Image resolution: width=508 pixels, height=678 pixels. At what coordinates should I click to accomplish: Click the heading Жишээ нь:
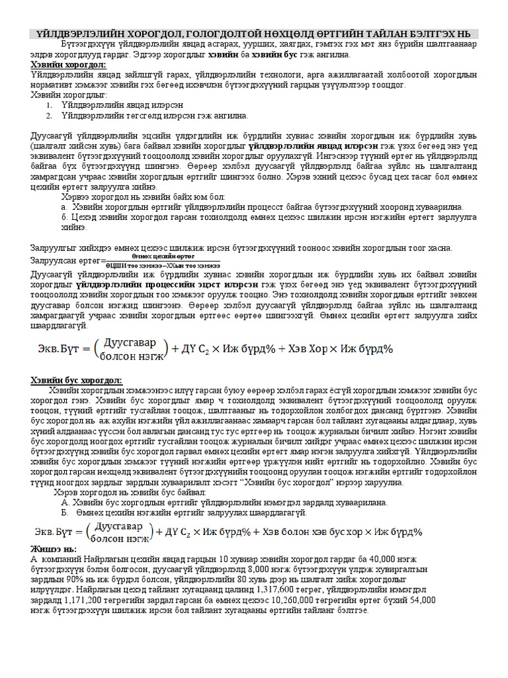click(x=54, y=549)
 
